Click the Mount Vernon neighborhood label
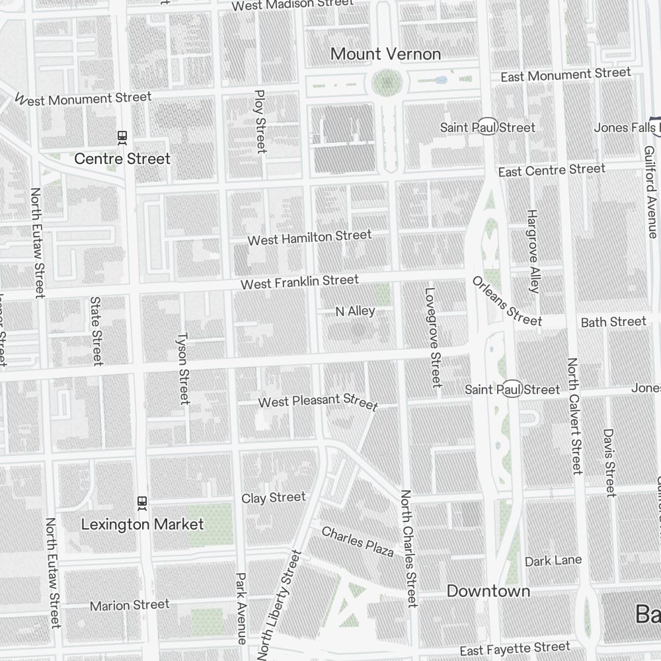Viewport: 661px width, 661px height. (x=385, y=54)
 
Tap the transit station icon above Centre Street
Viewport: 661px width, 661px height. (x=122, y=137)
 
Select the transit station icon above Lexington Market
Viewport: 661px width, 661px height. (x=141, y=502)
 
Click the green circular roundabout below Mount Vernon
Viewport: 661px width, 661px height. (x=387, y=84)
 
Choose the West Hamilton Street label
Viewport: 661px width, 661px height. (x=309, y=237)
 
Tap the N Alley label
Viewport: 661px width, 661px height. (x=355, y=311)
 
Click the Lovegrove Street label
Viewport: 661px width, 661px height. (x=432, y=336)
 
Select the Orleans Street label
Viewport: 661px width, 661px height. (x=507, y=301)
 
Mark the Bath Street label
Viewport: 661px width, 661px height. (x=613, y=322)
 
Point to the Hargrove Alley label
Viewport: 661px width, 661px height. (x=533, y=251)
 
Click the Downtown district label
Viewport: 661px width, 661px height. (x=488, y=591)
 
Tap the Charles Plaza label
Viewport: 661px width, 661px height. (x=358, y=541)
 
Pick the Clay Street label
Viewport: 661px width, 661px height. (x=274, y=498)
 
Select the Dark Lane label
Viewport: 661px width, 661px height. (x=553, y=561)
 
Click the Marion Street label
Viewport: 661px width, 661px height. (x=130, y=605)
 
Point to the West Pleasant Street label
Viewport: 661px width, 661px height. (x=318, y=402)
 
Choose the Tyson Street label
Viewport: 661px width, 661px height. (x=182, y=368)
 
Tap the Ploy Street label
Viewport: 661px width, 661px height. (x=260, y=122)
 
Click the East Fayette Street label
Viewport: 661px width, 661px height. (x=514, y=648)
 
